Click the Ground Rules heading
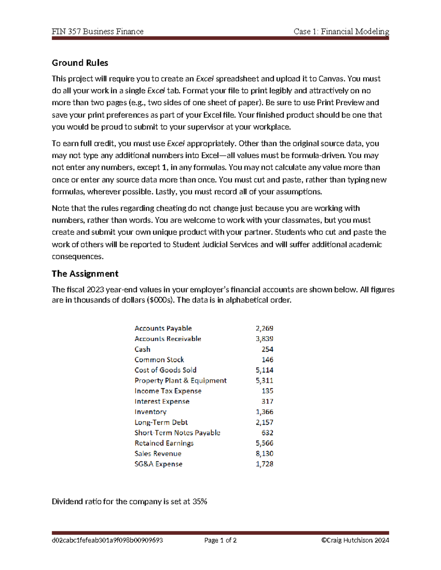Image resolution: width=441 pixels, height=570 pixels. pos(80,63)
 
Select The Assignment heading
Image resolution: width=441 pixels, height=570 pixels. pos(85,273)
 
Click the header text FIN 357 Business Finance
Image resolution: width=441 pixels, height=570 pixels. pos(97,32)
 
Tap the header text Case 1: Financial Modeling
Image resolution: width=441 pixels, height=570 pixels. pos(341,32)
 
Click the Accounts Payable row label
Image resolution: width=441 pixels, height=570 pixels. pos(163,328)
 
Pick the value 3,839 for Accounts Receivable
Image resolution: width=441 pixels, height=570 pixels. pos(264,338)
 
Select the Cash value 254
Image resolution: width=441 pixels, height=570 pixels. pos(267,349)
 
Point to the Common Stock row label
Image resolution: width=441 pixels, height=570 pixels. pos(159,359)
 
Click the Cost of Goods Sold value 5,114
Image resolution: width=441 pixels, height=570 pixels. pos(264,370)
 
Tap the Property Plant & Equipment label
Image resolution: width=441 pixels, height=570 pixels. pos(180,380)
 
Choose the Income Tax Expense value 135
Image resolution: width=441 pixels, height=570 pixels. pos(267,391)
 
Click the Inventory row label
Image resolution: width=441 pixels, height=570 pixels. pos(150,412)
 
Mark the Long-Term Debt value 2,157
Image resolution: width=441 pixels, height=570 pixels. pos(264,422)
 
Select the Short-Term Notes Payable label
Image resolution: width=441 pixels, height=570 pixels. pos(177,433)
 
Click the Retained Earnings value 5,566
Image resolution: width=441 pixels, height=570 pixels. pos(264,443)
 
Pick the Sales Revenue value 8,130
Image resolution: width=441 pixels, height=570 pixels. pos(264,454)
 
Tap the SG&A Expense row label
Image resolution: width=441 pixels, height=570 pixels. pos(158,464)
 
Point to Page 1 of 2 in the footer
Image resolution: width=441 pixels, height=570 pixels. pos(220,540)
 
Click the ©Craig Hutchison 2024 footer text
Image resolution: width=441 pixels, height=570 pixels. pos(355,540)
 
